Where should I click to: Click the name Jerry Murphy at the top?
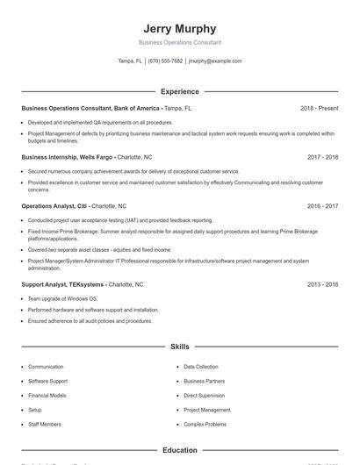click(x=180, y=29)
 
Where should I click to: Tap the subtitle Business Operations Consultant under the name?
click(x=180, y=42)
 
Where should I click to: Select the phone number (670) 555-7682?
click(x=165, y=61)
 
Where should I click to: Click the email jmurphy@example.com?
click(x=215, y=61)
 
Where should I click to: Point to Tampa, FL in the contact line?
click(x=130, y=61)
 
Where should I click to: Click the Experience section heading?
click(x=180, y=91)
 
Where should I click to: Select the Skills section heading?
click(x=180, y=347)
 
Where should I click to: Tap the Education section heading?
click(x=180, y=450)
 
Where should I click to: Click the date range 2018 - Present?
click(x=319, y=108)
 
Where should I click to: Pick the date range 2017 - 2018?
click(x=323, y=157)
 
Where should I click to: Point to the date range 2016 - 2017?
click(x=323, y=206)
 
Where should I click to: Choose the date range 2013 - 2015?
click(x=323, y=285)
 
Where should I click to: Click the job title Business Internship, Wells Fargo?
click(x=68, y=157)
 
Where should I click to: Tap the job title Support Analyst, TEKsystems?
click(x=62, y=285)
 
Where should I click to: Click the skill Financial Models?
click(x=47, y=396)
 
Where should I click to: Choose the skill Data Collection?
click(x=201, y=367)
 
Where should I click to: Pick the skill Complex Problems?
click(x=205, y=424)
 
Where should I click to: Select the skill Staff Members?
click(x=45, y=424)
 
